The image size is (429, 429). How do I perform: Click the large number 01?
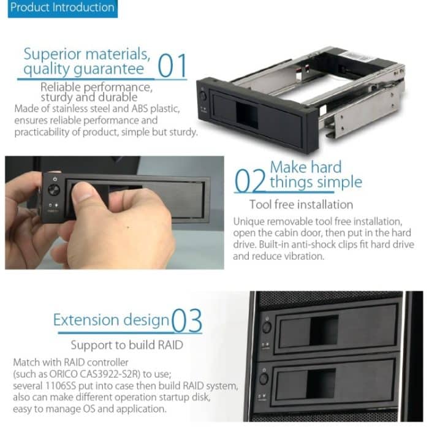172,66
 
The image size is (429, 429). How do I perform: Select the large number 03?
188,321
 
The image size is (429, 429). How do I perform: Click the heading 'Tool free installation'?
301,204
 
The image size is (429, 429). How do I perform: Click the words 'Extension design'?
111,320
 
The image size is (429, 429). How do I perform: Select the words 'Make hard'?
305,166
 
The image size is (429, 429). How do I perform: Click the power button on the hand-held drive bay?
54,189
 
